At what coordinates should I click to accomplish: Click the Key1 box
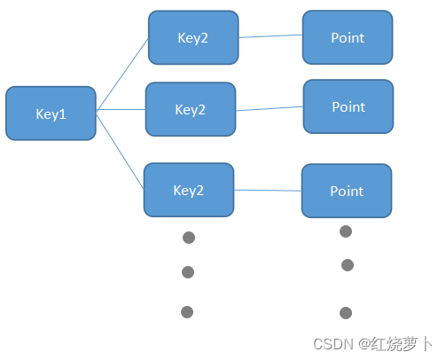(51, 113)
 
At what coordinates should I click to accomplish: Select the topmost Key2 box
(192, 38)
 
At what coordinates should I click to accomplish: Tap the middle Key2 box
(190, 109)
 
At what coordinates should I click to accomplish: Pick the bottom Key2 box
(189, 190)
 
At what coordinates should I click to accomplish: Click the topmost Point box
(348, 37)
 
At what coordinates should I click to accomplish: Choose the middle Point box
(348, 106)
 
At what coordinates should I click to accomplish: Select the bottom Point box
(346, 191)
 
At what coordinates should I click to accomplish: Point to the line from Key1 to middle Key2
(121, 110)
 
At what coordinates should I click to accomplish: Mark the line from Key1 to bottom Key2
(121, 150)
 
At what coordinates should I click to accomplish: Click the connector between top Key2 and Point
(270, 36)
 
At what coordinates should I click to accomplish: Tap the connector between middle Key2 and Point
(270, 108)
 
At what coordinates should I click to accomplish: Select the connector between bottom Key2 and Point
(268, 190)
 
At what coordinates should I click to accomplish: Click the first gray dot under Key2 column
(188, 238)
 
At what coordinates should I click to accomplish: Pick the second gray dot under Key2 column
(187, 272)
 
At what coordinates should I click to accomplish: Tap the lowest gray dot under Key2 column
(186, 311)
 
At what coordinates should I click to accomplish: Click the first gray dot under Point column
(346, 231)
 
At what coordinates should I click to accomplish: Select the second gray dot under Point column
(348, 265)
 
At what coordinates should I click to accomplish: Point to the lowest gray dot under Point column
(346, 313)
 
